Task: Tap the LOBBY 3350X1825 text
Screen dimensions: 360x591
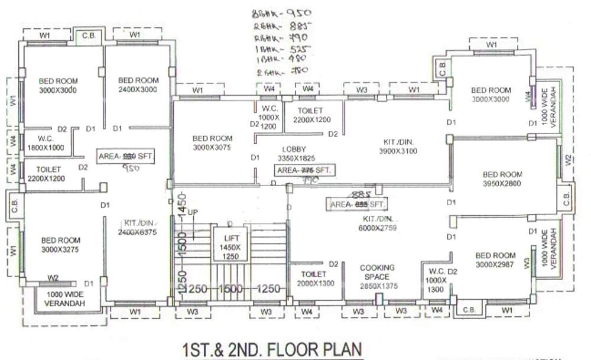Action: [294, 154]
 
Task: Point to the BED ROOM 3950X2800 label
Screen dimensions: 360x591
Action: [502, 179]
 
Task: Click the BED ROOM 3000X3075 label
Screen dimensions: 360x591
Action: [212, 143]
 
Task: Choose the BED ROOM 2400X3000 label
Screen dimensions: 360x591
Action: [138, 85]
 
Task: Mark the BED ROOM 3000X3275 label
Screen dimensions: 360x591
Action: [60, 245]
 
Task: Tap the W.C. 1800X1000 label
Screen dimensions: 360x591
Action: [43, 144]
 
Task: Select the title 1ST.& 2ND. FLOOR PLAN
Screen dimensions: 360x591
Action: [272, 349]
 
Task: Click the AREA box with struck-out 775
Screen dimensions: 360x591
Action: [305, 170]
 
